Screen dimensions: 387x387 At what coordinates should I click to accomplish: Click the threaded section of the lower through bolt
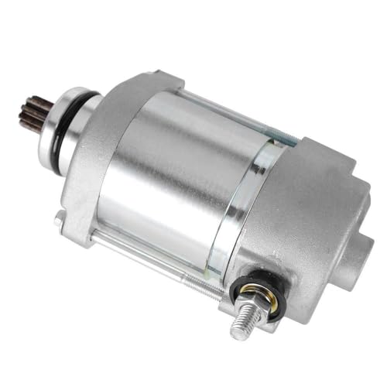pyautogui.click(x=209, y=291)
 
